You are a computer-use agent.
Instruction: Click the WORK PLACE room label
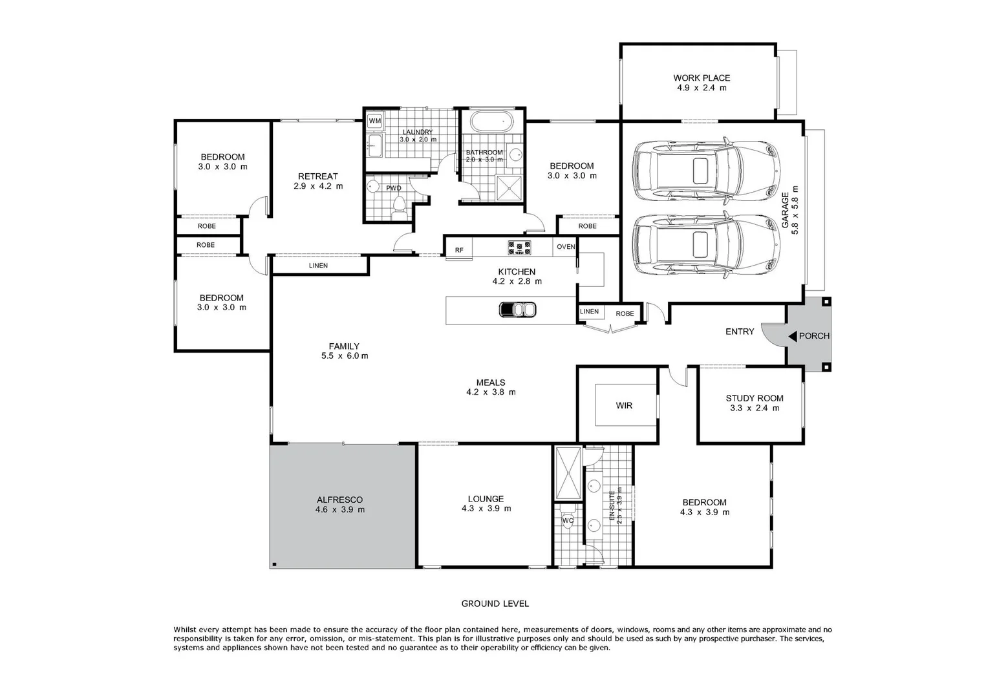click(x=702, y=78)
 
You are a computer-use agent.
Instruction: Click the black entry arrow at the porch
click(x=792, y=336)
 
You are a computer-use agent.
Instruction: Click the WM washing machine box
click(x=374, y=121)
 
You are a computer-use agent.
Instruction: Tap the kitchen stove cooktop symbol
click(x=519, y=246)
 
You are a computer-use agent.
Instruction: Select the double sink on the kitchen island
click(x=517, y=310)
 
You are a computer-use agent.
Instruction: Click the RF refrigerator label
click(x=459, y=250)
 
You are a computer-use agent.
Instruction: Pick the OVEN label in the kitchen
click(x=566, y=247)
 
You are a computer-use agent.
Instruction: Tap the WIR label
click(x=624, y=406)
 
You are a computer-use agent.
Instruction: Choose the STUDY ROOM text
click(x=754, y=399)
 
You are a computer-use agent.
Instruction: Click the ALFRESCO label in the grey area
click(x=339, y=500)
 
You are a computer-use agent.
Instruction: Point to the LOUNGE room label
click(x=486, y=499)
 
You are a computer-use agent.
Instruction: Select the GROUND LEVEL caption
click(x=495, y=604)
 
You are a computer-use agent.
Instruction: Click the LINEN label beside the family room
click(x=318, y=266)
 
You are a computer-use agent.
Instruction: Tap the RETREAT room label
click(x=317, y=176)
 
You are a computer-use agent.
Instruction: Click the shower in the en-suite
click(x=568, y=474)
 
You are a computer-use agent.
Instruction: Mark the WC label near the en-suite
click(x=568, y=520)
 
